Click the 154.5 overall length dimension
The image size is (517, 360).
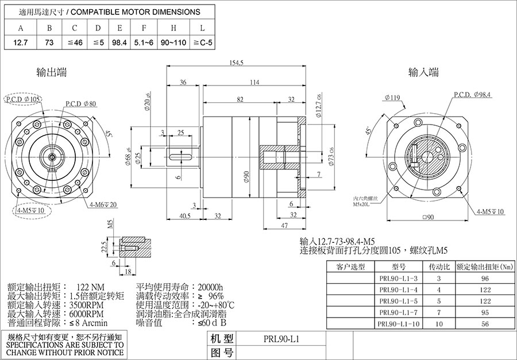pos(237,62)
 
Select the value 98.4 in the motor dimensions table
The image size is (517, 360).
pos(119,42)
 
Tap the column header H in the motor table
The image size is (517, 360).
pos(173,28)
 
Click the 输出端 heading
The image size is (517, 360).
pos(51,72)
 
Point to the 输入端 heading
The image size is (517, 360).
pos(423,72)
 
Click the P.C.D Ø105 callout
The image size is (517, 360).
pos(23,99)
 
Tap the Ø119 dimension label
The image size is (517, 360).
pos(393,98)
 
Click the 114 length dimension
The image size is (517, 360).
pos(253,82)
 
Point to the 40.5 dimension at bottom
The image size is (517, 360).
pos(184,216)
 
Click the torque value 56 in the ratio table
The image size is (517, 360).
pos(485,324)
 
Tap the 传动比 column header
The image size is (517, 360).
pos(435,266)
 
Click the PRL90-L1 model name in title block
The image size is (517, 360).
pos(274,339)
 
